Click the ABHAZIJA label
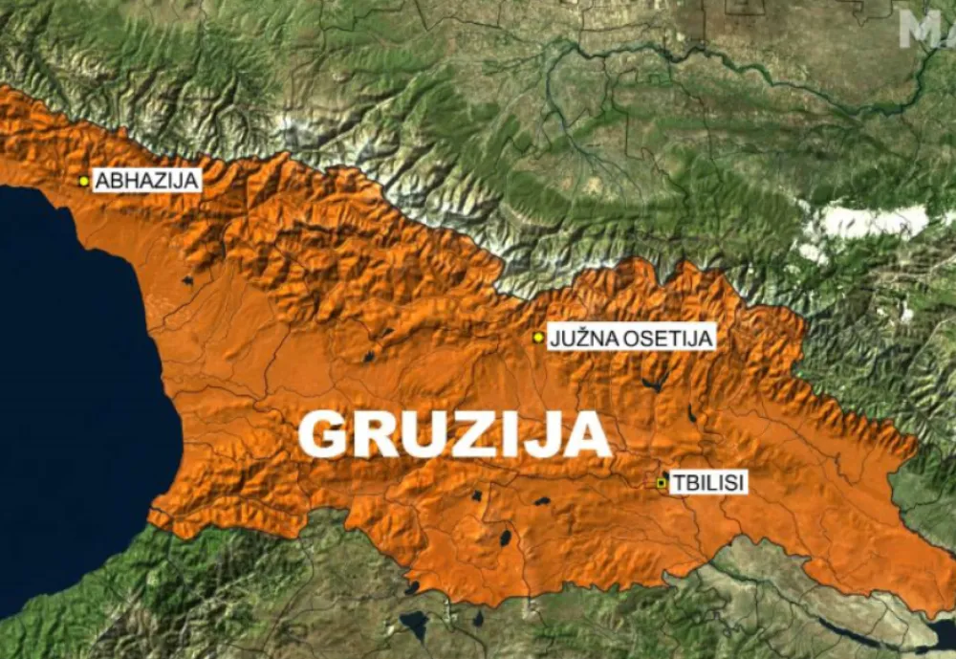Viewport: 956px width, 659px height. (x=146, y=180)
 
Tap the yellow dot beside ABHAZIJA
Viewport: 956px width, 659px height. (x=84, y=180)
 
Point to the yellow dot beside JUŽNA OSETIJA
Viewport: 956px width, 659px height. (x=539, y=337)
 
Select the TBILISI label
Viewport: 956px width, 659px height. (x=707, y=483)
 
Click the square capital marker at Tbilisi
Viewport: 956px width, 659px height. (x=661, y=483)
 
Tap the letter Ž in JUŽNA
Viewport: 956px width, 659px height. (x=578, y=338)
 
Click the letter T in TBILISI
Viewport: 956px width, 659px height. (x=675, y=483)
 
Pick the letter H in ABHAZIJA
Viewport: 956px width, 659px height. (x=126, y=180)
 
